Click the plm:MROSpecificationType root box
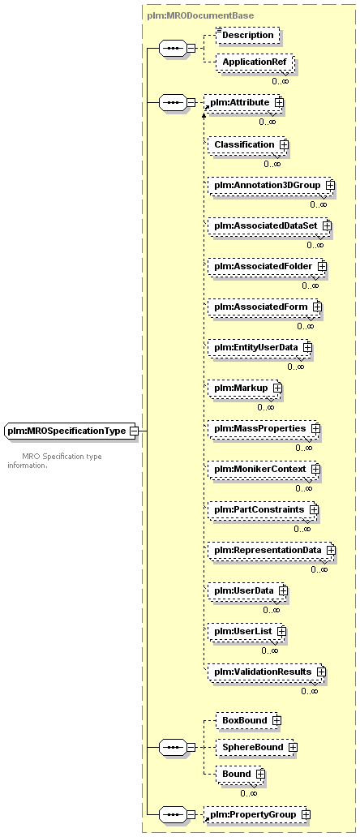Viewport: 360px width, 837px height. pyautogui.click(x=71, y=430)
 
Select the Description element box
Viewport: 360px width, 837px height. pyautogui.click(x=247, y=35)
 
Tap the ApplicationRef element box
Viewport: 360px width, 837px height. pyautogui.click(x=255, y=62)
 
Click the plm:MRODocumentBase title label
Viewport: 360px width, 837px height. pyautogui.click(x=200, y=15)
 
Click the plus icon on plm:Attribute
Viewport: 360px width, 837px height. pyautogui.click(x=277, y=101)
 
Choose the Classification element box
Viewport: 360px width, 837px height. pyautogui.click(x=248, y=144)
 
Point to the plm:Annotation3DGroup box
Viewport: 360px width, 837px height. pyautogui.click(x=271, y=185)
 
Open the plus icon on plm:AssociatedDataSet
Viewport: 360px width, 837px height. pyautogui.click(x=327, y=225)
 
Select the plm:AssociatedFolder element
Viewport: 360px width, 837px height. pyautogui.click(x=267, y=265)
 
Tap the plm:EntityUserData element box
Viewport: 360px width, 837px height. pyautogui.click(x=259, y=347)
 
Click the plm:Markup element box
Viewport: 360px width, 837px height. pyautogui.click(x=245, y=388)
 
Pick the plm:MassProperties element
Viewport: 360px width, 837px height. pyautogui.click(x=264, y=428)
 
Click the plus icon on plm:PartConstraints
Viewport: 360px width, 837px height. pyautogui.click(x=314, y=510)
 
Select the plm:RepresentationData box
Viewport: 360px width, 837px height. pyautogui.click(x=272, y=550)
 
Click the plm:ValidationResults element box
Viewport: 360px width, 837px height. pyautogui.click(x=267, y=672)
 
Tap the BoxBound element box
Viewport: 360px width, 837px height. pyautogui.click(x=249, y=720)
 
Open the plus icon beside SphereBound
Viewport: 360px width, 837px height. pyautogui.click(x=293, y=747)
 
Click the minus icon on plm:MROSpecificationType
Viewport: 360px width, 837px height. pyautogui.click(x=134, y=430)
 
